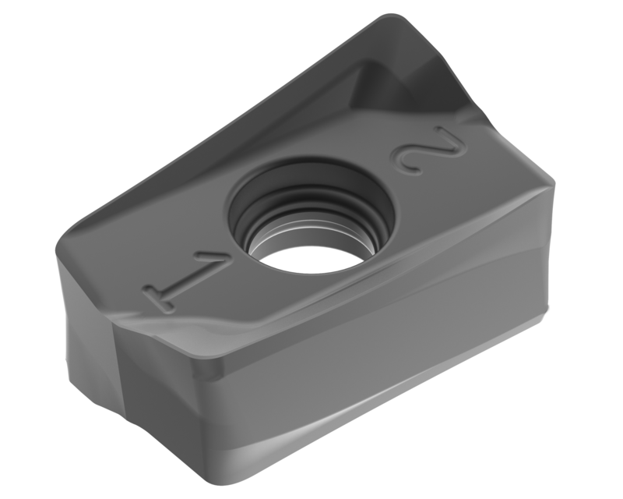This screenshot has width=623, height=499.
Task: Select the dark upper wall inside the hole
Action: pos(308,181)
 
